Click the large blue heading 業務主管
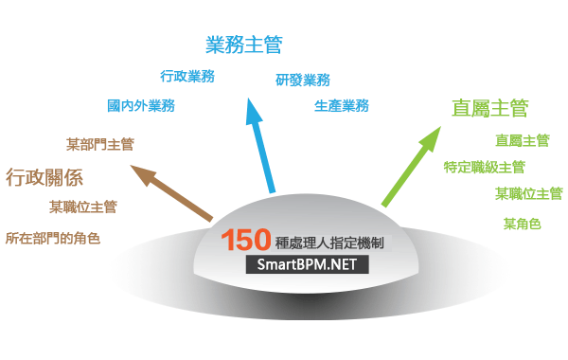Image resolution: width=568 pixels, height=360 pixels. click(x=244, y=45)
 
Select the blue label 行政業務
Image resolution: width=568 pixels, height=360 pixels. click(x=187, y=76)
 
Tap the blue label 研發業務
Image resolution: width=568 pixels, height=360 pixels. click(x=303, y=81)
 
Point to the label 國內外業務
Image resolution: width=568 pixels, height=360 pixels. click(x=141, y=106)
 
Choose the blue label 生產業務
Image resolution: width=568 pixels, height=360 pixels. click(x=342, y=106)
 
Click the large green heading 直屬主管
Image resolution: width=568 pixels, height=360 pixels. click(x=490, y=108)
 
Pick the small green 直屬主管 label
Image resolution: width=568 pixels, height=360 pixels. click(x=523, y=140)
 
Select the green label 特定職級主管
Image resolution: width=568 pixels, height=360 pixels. click(x=485, y=167)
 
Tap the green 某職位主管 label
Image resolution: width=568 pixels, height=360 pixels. click(x=529, y=193)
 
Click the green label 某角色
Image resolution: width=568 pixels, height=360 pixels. click(x=522, y=224)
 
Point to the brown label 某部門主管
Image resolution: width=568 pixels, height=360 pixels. click(x=100, y=144)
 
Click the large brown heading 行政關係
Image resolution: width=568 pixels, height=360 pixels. click(x=44, y=178)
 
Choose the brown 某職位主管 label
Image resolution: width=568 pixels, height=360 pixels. click(x=83, y=207)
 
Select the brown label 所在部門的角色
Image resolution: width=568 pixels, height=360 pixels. click(x=53, y=238)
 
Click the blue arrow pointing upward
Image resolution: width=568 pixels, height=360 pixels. click(x=260, y=145)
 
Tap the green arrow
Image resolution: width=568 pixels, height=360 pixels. click(x=411, y=167)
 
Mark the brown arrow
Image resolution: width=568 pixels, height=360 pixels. click(x=171, y=193)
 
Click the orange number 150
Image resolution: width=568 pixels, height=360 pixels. click(x=246, y=240)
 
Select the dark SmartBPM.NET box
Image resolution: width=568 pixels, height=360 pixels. click(x=307, y=264)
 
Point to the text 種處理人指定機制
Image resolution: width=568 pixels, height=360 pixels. click(x=329, y=243)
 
